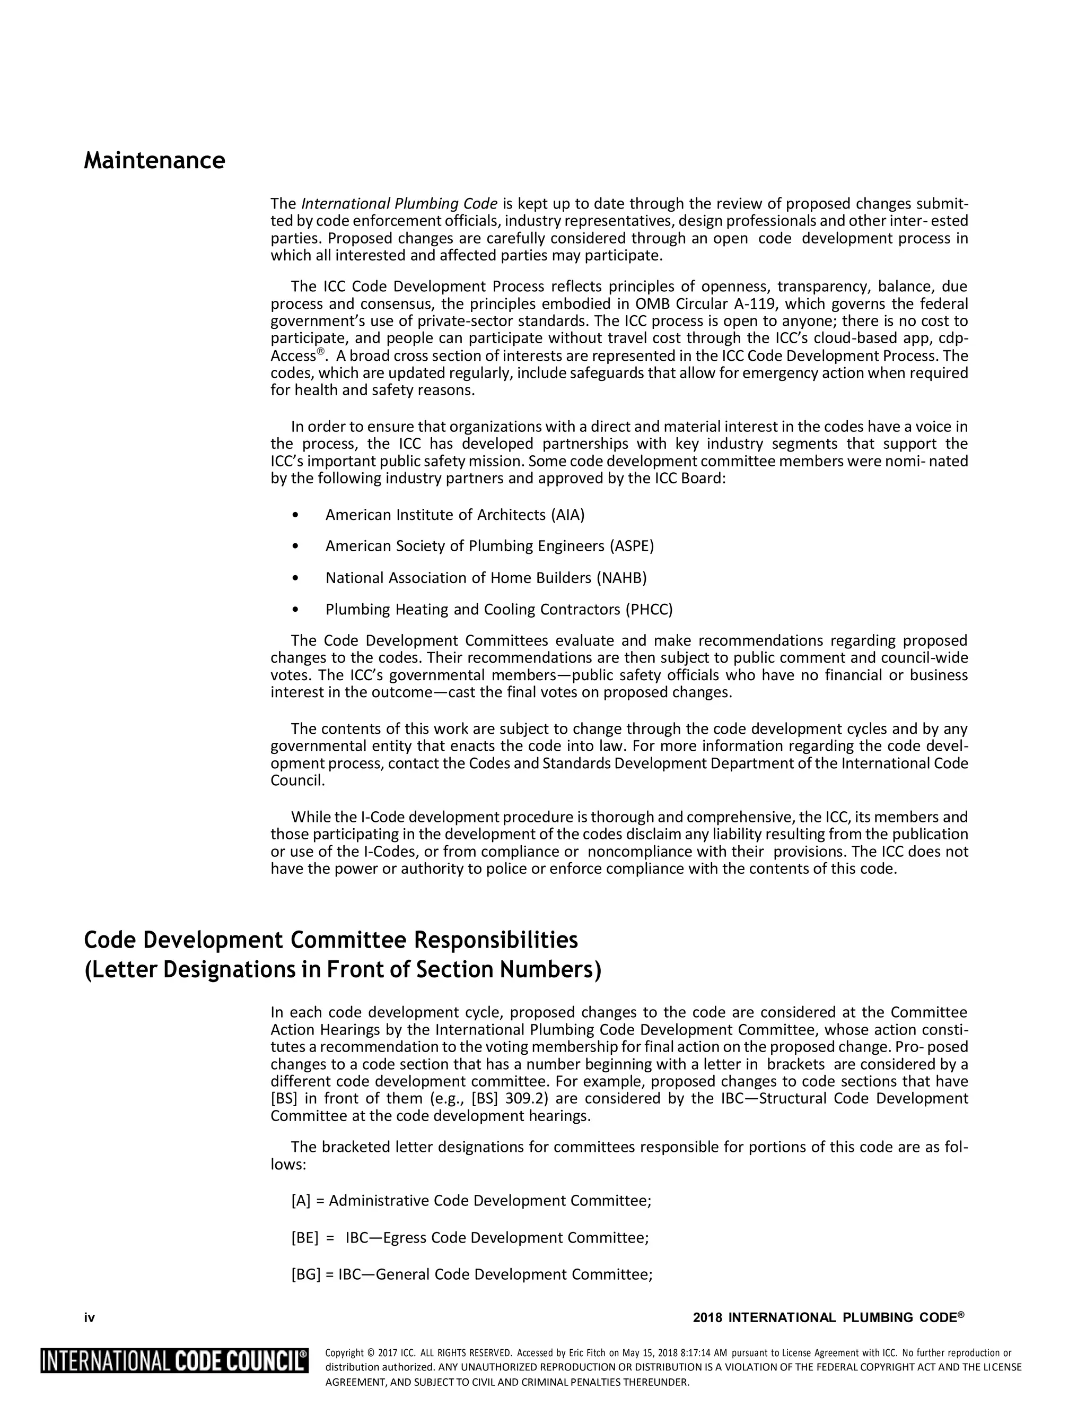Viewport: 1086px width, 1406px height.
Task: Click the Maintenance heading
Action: coord(154,160)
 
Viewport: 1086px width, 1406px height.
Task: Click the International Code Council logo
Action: coord(174,1361)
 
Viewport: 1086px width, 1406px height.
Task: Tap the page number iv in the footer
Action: coord(90,1318)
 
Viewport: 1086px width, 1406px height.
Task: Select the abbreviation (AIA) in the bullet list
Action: coord(567,515)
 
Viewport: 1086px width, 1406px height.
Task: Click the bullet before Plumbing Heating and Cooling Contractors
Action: coord(295,610)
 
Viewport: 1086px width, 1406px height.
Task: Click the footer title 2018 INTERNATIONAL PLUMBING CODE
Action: coord(828,1318)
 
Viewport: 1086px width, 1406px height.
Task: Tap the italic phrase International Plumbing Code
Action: coord(399,204)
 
